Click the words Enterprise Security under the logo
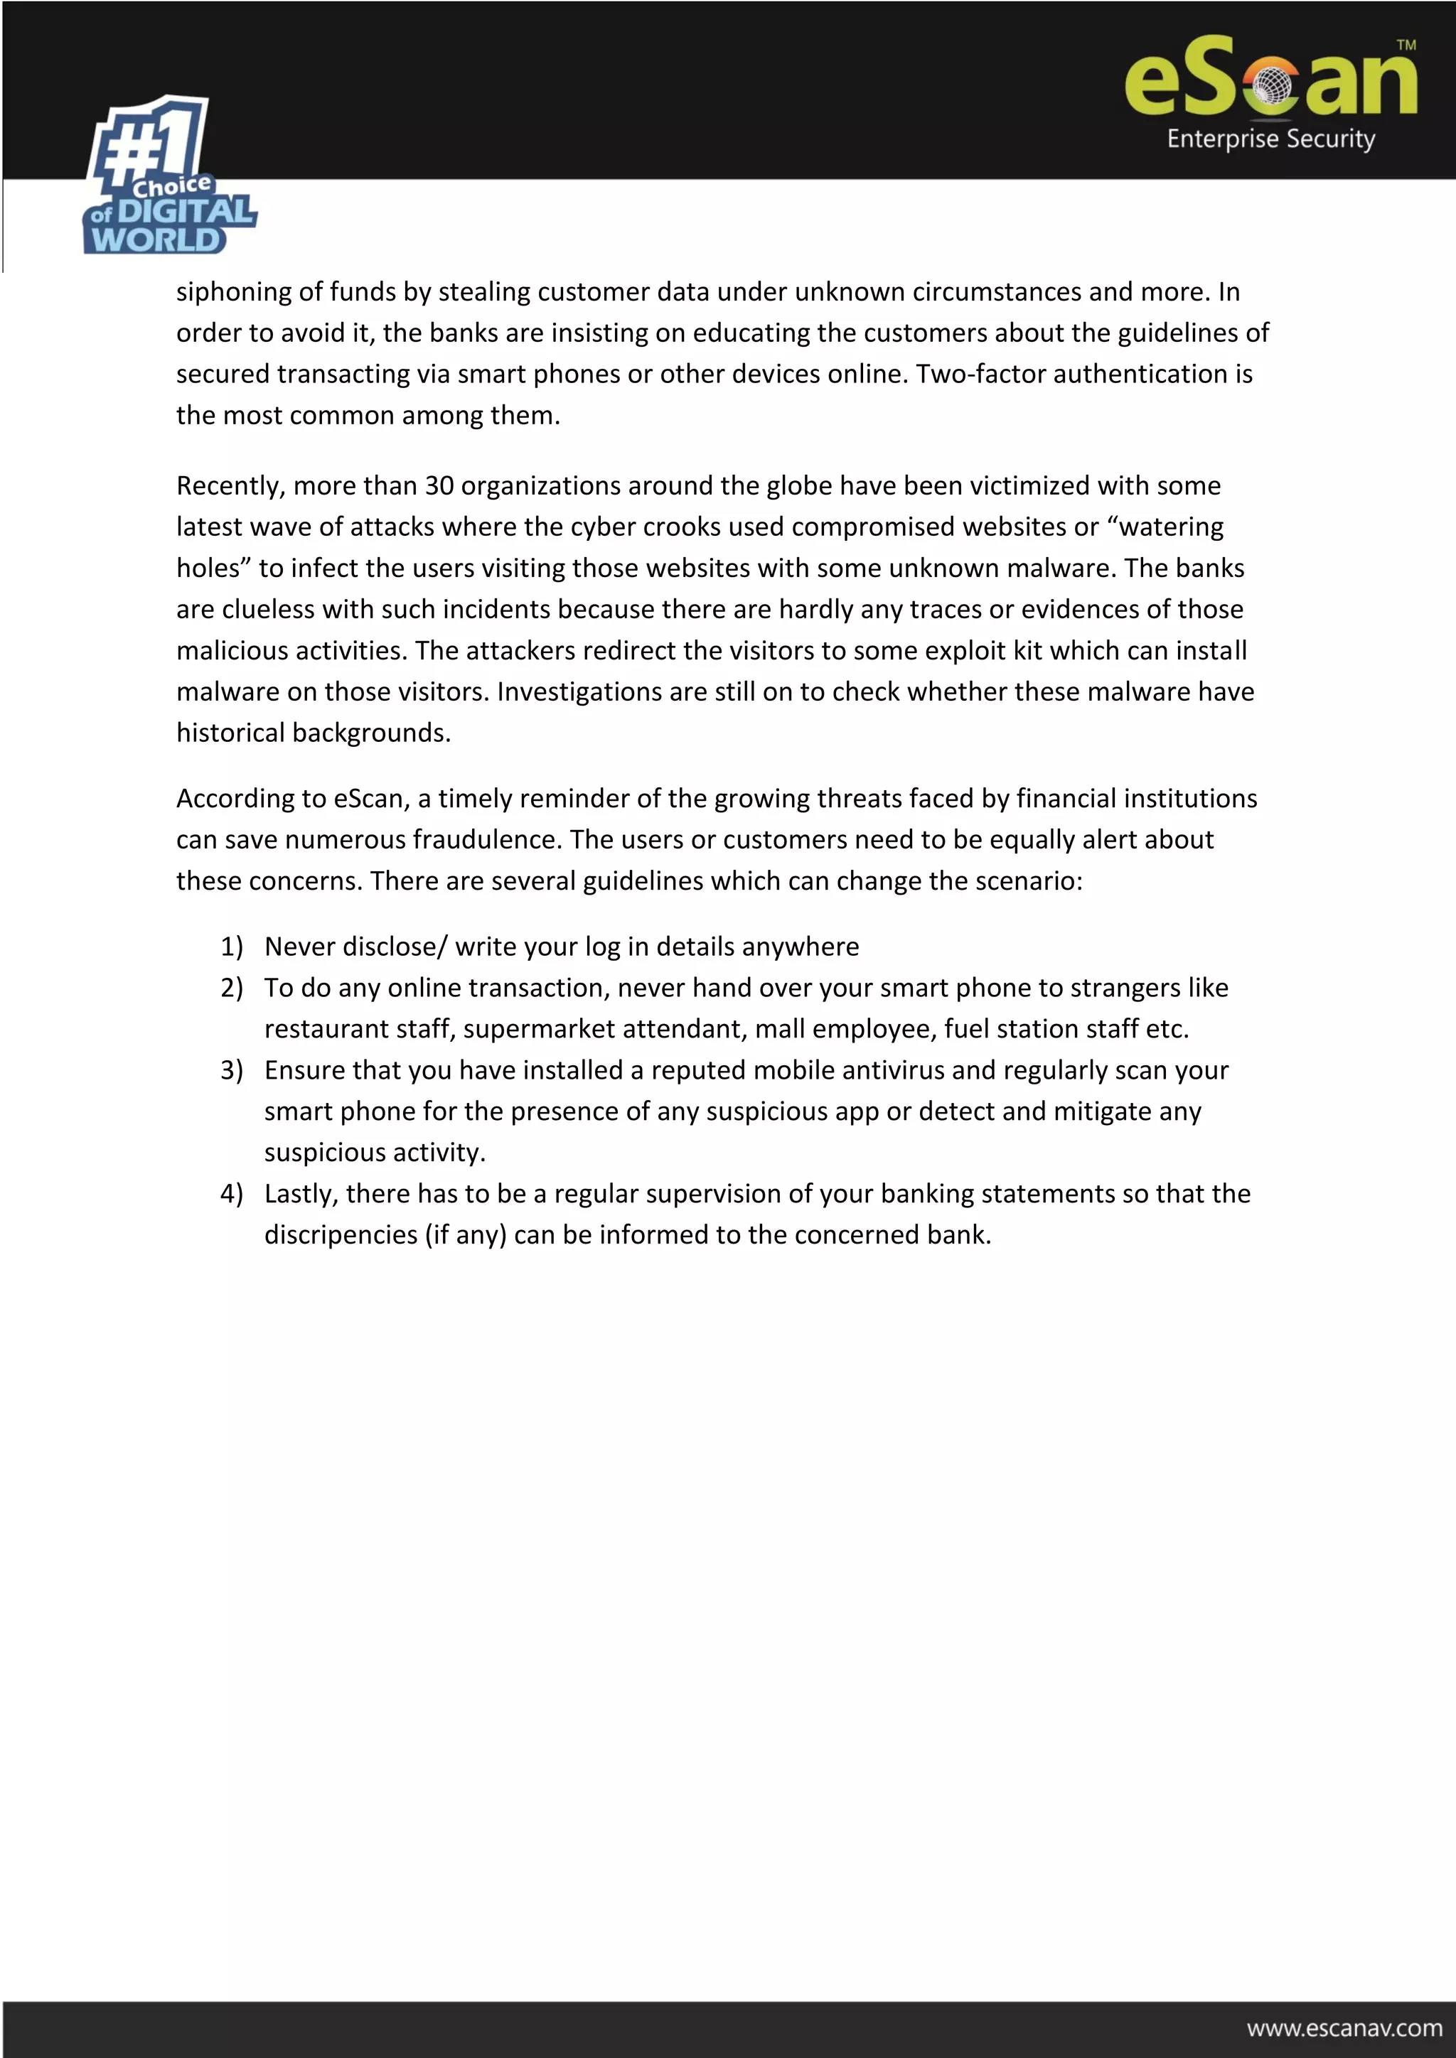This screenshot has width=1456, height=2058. pyautogui.click(x=1270, y=139)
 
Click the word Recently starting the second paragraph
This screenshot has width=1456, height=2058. pyautogui.click(x=230, y=486)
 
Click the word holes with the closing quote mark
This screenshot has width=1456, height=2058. pyautogui.click(x=213, y=569)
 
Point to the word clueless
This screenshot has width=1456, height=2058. pyautogui.click(x=268, y=610)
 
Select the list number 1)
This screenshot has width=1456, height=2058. pyautogui.click(x=231, y=947)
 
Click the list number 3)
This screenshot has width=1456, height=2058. pyautogui.click(x=231, y=1070)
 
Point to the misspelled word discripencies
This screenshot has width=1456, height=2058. pyautogui.click(x=341, y=1235)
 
